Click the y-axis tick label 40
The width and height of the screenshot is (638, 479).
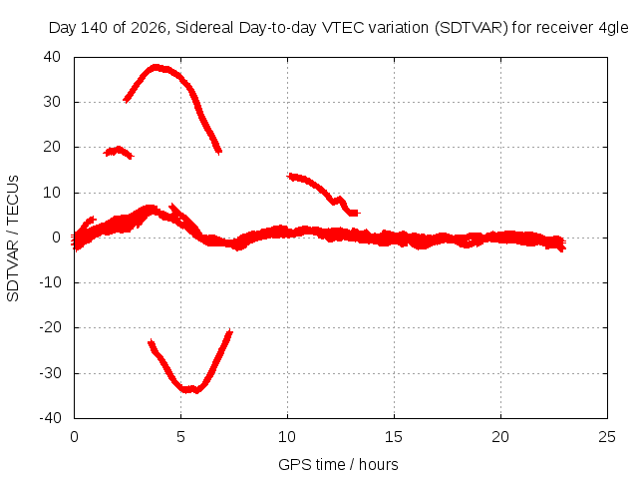click(52, 57)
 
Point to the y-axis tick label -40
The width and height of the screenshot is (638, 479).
click(50, 418)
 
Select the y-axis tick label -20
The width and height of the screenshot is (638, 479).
click(50, 327)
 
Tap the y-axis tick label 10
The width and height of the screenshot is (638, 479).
click(52, 193)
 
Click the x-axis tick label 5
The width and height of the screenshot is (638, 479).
click(180, 437)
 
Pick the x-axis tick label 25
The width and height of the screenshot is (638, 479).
click(607, 437)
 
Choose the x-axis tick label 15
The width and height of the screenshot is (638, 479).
click(394, 437)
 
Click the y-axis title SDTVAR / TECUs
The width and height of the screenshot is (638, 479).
click(13, 239)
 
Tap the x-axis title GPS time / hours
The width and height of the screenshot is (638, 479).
click(338, 465)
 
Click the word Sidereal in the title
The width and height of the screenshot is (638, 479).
click(204, 28)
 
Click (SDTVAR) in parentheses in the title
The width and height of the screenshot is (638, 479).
click(472, 28)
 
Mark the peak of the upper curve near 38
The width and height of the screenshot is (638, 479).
click(156, 67)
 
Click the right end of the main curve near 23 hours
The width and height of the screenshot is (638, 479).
click(564, 243)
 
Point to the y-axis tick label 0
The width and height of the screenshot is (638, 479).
click(56, 238)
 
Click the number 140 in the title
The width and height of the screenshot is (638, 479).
click(94, 28)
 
